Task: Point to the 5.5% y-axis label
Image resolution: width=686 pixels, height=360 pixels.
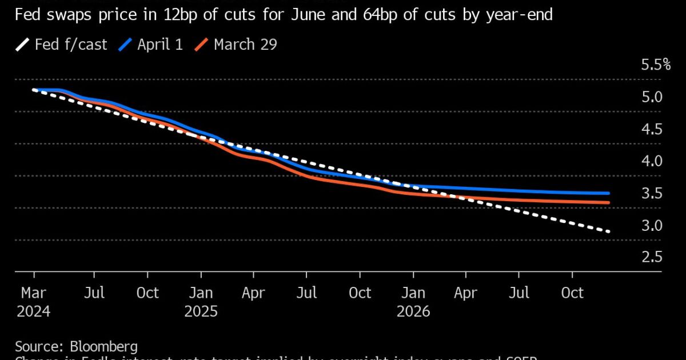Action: click(655, 65)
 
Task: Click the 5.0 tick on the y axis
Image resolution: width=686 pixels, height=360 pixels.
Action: click(651, 97)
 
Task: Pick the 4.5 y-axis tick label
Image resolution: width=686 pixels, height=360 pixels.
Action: click(651, 129)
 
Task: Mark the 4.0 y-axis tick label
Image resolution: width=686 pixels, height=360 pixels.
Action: click(651, 161)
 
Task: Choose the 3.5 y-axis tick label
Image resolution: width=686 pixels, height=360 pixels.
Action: click(651, 194)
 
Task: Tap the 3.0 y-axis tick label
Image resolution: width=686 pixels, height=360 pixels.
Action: click(651, 226)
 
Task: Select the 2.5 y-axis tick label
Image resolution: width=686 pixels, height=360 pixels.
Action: click(651, 258)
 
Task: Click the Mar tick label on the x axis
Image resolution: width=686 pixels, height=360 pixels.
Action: click(34, 293)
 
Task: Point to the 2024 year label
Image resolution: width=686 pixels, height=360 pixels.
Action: click(34, 312)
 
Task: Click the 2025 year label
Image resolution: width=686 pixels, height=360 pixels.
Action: click(201, 312)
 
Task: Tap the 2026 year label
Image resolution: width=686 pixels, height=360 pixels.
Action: click(413, 312)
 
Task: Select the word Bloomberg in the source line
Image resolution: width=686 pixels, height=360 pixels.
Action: click(103, 346)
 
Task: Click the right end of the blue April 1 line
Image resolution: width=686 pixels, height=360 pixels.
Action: click(608, 194)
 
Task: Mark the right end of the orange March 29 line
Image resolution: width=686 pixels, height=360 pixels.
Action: click(608, 203)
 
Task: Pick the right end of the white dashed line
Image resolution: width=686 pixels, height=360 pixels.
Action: click(609, 231)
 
